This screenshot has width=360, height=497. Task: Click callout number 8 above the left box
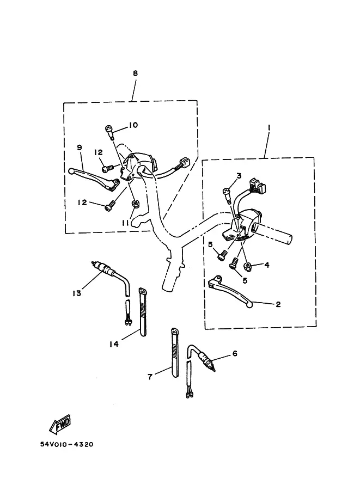point(135,73)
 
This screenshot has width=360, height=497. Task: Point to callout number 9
point(80,148)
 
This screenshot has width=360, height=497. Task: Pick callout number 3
point(239,175)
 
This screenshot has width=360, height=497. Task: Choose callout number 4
point(267,265)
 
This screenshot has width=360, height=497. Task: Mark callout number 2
point(278,304)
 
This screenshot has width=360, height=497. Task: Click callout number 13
point(77,293)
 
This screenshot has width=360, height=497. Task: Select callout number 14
point(113,343)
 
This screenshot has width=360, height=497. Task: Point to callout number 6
point(235,353)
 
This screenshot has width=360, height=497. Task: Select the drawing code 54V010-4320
point(66,444)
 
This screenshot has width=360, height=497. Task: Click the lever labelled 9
point(95,176)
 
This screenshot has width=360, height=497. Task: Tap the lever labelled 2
point(231,291)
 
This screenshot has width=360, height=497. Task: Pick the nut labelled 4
point(247,266)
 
